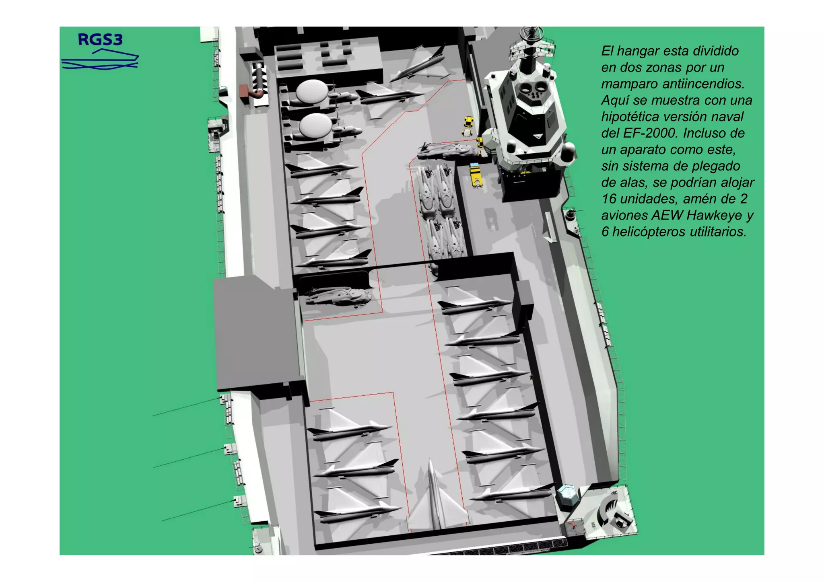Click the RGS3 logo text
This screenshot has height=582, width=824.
coord(100,39)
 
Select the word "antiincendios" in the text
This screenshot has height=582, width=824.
coord(703,84)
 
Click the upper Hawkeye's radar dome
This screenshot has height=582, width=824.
coord(312,90)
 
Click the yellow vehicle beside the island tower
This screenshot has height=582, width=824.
coord(468,124)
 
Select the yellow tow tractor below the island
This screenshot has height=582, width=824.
coord(476,175)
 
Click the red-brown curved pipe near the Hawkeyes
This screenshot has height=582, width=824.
coord(252,92)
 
